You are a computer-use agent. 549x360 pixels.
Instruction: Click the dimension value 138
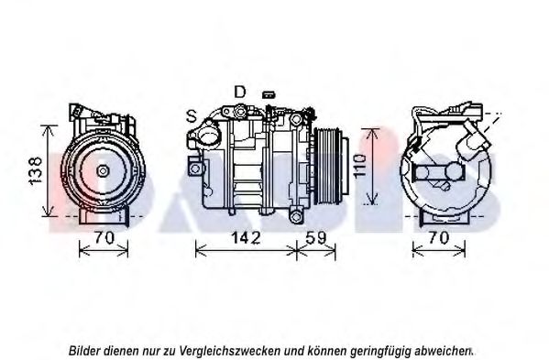pos(36,170)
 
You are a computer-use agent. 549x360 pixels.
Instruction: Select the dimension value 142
pos(246,238)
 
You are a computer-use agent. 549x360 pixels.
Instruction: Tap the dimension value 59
pos(316,238)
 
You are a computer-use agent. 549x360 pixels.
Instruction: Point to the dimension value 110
pos(360,167)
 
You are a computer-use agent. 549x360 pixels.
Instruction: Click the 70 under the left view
pos(104,238)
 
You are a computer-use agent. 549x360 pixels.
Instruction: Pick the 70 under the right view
pos(438,238)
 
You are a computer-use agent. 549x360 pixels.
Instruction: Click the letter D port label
pos(240,92)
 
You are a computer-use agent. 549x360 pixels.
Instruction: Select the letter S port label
pos(192,115)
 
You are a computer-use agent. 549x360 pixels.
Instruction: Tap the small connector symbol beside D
pos(269,94)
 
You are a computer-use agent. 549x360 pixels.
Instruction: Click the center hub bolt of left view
pos(103,171)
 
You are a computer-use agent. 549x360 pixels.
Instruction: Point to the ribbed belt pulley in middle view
pos(327,166)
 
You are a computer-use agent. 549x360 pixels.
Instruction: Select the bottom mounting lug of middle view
pos(296,217)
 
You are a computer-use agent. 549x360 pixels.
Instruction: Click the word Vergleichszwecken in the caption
pos(230,350)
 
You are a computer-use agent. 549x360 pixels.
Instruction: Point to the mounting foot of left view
pos(104,215)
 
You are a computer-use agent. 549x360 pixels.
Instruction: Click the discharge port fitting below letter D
pos(240,111)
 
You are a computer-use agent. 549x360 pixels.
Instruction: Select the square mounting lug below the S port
pos(195,169)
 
